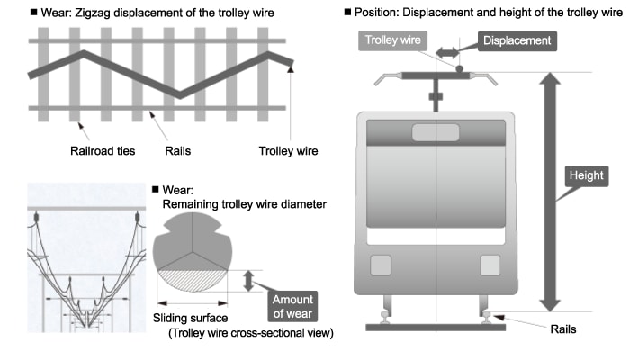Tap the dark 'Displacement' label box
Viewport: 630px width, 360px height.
tap(517, 40)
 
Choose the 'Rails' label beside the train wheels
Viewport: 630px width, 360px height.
tap(562, 329)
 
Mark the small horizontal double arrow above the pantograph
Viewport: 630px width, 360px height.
tap(447, 55)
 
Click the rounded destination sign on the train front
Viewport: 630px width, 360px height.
tap(435, 133)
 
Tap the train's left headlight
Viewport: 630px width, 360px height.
tap(381, 265)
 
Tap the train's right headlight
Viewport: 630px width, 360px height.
tap(490, 265)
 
